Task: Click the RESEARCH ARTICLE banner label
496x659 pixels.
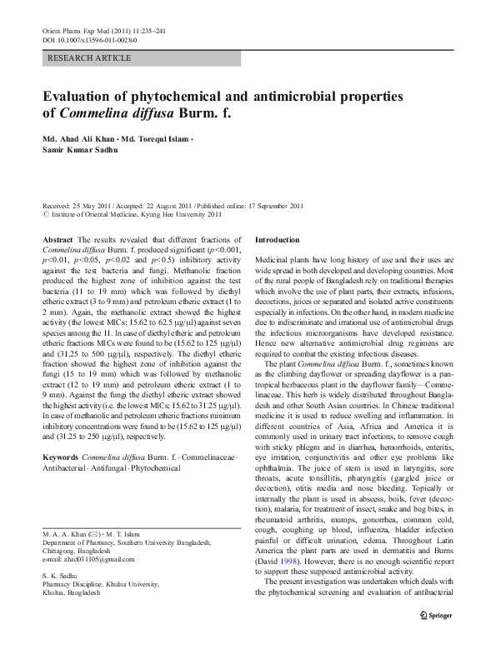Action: click(90, 57)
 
